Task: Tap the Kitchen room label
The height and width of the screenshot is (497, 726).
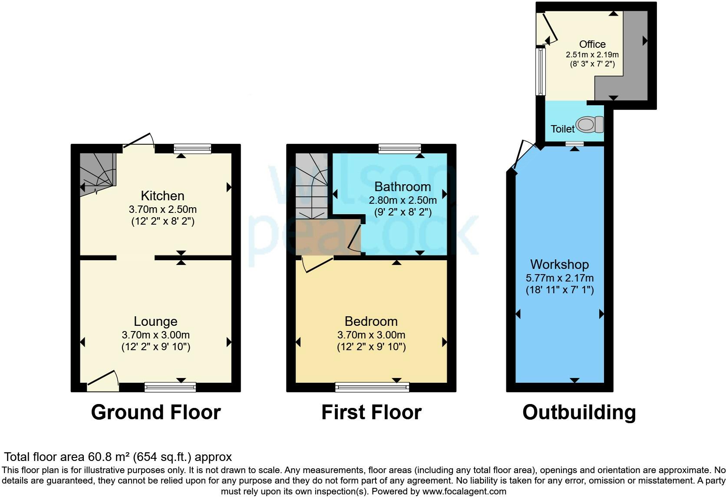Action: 162,195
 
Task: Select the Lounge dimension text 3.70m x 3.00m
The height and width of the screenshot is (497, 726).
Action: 155,335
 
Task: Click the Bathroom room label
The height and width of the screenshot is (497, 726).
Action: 403,187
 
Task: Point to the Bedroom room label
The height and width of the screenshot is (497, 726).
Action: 371,321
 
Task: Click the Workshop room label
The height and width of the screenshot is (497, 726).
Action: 559,265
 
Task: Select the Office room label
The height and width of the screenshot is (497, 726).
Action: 592,44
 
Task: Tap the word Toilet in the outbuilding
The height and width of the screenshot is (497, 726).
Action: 562,129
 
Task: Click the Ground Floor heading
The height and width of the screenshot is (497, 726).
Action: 156,412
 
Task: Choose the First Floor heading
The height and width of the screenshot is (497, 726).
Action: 371,412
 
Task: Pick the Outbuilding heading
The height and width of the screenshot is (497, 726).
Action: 579,412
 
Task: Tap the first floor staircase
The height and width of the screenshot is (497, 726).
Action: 312,187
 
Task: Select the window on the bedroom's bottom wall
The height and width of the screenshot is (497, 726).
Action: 372,387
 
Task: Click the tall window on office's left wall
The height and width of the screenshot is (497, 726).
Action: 540,71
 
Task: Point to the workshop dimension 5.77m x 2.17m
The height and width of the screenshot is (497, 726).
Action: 559,278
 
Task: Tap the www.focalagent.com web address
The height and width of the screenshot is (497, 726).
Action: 464,491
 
